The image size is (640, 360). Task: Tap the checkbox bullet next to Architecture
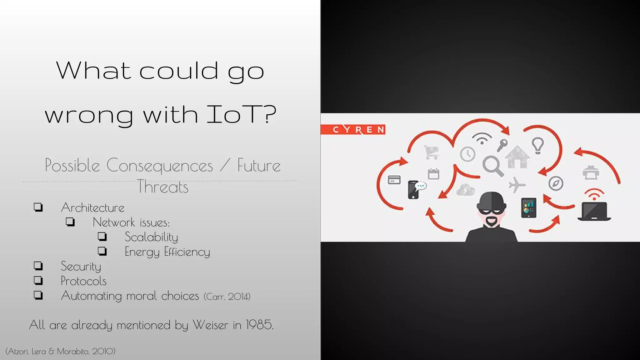tap(38, 207)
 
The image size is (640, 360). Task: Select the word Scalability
tap(151, 237)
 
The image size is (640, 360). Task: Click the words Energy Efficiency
tap(167, 252)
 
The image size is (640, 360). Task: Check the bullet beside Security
tap(38, 266)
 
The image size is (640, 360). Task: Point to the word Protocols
tap(83, 281)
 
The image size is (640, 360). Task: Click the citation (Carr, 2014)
tap(227, 296)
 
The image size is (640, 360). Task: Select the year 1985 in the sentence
tap(259, 325)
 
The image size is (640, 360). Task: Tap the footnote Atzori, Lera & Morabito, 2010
tap(60, 351)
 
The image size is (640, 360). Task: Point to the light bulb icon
tap(538, 145)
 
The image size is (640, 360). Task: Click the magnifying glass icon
tap(492, 166)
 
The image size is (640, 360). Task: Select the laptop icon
tap(594, 212)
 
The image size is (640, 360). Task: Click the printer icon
tap(591, 173)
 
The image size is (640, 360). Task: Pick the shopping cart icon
tap(432, 152)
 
